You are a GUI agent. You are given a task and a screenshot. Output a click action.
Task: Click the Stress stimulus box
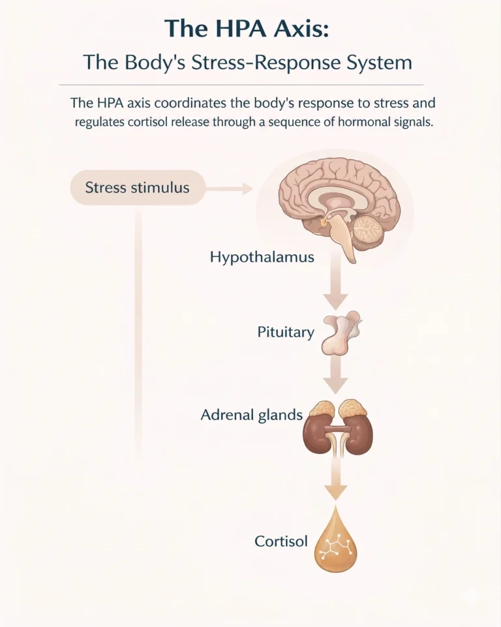[x=138, y=189]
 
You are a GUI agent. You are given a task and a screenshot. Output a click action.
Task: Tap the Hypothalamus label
[x=262, y=257]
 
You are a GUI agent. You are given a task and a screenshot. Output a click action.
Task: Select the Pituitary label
[x=286, y=332]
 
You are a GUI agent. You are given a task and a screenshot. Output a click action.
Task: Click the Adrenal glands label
[x=251, y=414]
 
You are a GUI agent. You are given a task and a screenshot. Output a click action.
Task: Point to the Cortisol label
[x=281, y=541]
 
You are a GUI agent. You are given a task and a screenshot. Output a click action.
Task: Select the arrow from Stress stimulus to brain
[x=229, y=189]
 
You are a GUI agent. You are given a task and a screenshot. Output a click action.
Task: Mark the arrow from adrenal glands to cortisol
[x=336, y=479]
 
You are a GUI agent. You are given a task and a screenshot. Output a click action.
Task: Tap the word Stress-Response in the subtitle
[x=289, y=63]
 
